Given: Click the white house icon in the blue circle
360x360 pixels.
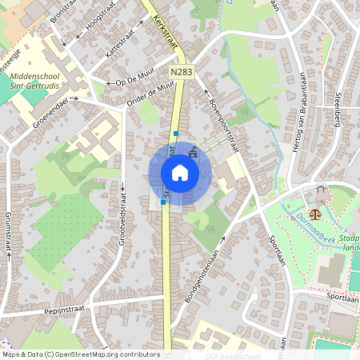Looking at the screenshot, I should click(x=179, y=173).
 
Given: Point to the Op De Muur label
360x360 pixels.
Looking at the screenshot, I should click(x=134, y=80).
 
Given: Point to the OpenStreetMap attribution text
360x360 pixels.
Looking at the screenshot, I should click(x=81, y=354).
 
